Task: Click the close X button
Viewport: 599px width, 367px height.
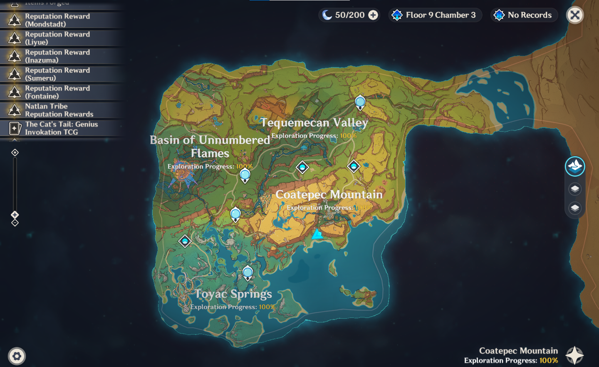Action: (x=575, y=15)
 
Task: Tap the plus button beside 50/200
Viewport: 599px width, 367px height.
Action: (x=373, y=15)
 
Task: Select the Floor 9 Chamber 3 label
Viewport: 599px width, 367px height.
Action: (x=440, y=15)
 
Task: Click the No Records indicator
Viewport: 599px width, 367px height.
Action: (x=529, y=15)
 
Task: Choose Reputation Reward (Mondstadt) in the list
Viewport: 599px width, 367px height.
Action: (x=57, y=20)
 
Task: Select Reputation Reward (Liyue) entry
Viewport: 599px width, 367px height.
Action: (x=57, y=38)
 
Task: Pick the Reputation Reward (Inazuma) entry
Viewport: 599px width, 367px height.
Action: (x=57, y=56)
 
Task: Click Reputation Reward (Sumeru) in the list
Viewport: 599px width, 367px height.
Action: (x=57, y=74)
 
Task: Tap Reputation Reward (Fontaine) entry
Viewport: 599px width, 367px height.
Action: (x=57, y=92)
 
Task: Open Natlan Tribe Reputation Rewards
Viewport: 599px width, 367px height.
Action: (x=59, y=110)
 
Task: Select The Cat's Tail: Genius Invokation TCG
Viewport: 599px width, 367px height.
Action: (x=61, y=128)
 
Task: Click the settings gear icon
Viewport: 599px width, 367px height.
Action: (x=17, y=356)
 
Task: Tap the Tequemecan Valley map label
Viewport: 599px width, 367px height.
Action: (x=314, y=122)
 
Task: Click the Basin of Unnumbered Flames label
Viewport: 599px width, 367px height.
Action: (x=210, y=146)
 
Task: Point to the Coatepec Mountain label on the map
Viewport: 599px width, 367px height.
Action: (x=329, y=195)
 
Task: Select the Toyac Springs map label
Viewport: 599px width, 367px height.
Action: (x=233, y=294)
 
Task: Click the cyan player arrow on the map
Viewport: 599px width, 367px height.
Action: (x=317, y=234)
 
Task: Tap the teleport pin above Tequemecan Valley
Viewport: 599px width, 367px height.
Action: (x=360, y=102)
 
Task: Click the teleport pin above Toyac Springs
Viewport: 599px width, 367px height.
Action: (x=248, y=273)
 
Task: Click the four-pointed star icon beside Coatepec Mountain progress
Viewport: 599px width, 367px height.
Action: (x=574, y=355)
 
